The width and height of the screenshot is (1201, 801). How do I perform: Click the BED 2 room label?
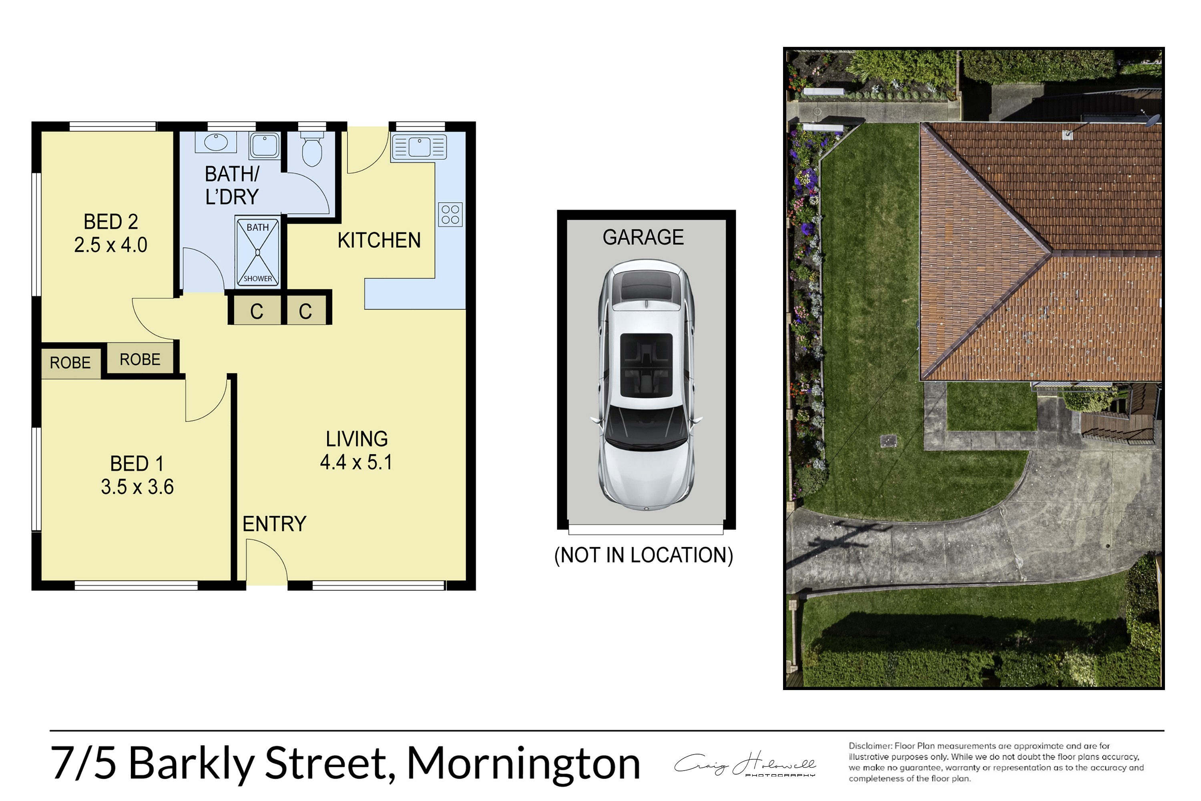tap(111, 222)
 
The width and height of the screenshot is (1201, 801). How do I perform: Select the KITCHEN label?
tap(379, 240)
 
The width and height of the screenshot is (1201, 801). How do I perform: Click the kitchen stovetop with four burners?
tap(450, 215)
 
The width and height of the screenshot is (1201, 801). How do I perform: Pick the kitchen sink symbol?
tap(419, 147)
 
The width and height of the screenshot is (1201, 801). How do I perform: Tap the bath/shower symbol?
tap(258, 252)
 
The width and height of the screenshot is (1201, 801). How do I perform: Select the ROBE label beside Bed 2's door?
tap(140, 360)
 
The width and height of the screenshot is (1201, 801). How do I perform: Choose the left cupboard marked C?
tap(256, 311)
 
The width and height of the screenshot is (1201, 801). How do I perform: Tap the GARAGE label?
tap(643, 237)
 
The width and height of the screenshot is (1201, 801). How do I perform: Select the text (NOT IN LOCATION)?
tap(643, 555)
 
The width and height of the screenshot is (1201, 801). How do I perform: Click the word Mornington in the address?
tap(523, 764)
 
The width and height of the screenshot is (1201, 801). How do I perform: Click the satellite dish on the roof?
tap(1153, 122)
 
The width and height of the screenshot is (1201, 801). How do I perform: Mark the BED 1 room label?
tap(137, 464)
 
